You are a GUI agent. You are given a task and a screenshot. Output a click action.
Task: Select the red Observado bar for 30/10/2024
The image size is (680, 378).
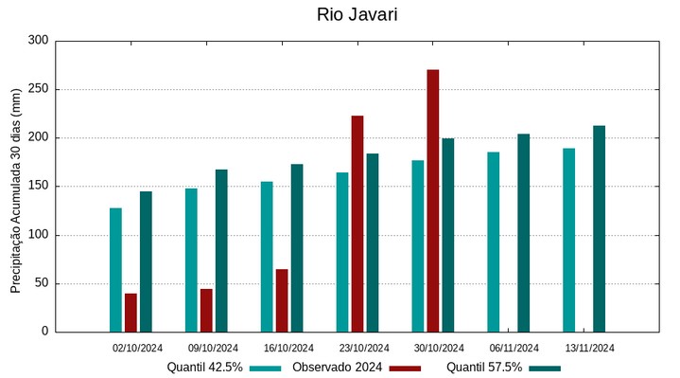(x=433, y=201)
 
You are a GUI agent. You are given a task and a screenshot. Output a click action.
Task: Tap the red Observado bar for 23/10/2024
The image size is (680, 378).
(x=357, y=224)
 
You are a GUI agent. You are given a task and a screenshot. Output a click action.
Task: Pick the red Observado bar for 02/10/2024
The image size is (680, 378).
(x=131, y=313)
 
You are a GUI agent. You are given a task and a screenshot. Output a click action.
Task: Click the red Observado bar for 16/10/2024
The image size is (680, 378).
(x=282, y=300)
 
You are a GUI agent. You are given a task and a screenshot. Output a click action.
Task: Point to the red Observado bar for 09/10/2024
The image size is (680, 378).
(x=206, y=310)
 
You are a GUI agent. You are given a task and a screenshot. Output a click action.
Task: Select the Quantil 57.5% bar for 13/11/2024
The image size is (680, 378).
(x=599, y=228)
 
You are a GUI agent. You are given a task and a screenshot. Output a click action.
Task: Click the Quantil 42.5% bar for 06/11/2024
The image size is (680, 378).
(x=494, y=242)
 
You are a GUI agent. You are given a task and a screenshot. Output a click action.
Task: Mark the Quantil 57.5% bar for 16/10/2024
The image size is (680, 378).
(x=297, y=247)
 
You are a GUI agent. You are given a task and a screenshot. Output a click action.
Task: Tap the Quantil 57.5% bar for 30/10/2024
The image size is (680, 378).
(x=448, y=235)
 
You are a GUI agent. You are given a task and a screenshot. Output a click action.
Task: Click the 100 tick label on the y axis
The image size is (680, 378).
(x=38, y=235)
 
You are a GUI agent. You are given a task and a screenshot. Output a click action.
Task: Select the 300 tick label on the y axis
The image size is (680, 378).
(x=38, y=41)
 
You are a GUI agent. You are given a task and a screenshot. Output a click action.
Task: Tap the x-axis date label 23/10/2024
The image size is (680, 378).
(x=364, y=348)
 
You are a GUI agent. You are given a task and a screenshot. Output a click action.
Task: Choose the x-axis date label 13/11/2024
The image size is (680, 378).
(x=590, y=348)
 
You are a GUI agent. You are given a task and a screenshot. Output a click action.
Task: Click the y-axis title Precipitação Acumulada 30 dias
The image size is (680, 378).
(x=15, y=190)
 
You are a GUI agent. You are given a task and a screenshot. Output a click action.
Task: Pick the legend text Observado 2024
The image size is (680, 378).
(x=337, y=367)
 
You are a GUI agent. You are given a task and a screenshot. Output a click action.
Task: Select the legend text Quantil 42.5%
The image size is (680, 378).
(x=205, y=367)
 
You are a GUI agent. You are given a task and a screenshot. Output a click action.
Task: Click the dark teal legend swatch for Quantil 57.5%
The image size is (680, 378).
(x=545, y=368)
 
